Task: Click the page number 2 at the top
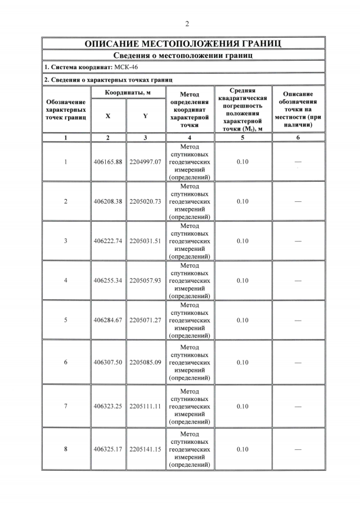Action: click(186, 23)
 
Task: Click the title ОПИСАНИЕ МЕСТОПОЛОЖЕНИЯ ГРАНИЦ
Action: click(183, 43)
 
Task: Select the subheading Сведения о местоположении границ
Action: click(183, 55)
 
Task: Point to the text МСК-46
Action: click(126, 67)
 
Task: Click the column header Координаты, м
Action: click(127, 92)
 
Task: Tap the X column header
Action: click(108, 116)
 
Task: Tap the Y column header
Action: click(145, 116)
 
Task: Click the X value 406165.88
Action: click(108, 161)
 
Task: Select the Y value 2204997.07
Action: click(145, 161)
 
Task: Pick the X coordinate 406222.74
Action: click(108, 241)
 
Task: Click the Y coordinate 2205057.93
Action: click(145, 280)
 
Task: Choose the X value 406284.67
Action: click(108, 320)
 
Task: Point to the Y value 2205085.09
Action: click(145, 362)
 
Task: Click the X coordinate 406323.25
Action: click(108, 406)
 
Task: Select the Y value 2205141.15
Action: click(145, 449)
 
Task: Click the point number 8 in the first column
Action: click(66, 449)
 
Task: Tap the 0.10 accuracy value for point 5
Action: click(242, 320)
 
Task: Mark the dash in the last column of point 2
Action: click(298, 201)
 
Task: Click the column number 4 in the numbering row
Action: click(190, 137)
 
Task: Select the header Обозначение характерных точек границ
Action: click(66, 110)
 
